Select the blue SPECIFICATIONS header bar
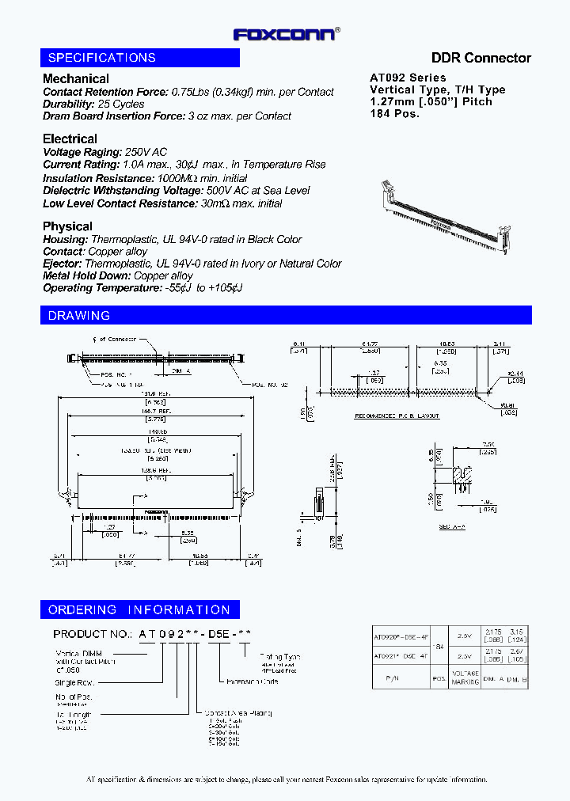click(139, 58)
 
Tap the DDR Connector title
click(481, 58)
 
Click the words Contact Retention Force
click(105, 92)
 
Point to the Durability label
click(69, 104)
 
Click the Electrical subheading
click(70, 139)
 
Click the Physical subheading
click(67, 226)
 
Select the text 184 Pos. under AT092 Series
click(394, 113)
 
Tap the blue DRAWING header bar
click(285, 316)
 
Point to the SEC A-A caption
click(453, 526)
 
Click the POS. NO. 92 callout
click(269, 385)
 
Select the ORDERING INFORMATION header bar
click(139, 609)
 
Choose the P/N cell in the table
click(401, 679)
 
